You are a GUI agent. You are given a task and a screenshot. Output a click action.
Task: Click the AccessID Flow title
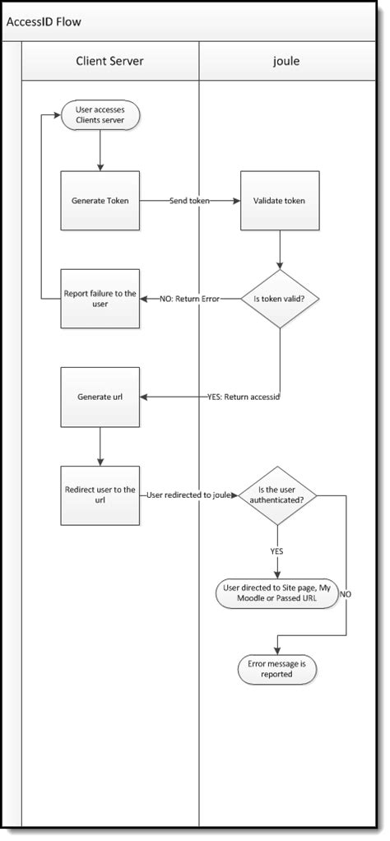click(x=44, y=21)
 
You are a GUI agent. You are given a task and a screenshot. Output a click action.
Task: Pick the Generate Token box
click(x=100, y=200)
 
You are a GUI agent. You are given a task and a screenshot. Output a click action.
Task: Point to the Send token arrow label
click(x=190, y=200)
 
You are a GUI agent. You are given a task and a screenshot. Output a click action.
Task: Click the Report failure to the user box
click(x=100, y=298)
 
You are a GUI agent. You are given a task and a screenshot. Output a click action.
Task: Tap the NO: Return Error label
click(x=189, y=298)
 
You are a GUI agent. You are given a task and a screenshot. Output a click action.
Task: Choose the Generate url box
click(x=100, y=397)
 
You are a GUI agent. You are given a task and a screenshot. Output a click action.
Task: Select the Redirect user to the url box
click(x=100, y=495)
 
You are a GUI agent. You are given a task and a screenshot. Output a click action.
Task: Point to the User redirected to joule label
click(x=190, y=495)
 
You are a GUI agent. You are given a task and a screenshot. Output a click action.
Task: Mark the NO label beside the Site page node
click(x=346, y=593)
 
